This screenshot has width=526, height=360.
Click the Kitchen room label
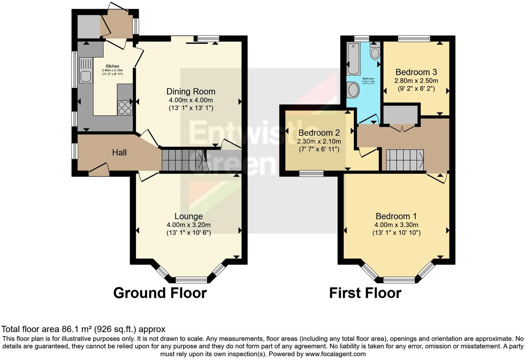tap(112, 66)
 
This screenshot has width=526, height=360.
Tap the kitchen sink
tap(86, 70)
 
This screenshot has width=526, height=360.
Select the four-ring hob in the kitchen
tap(125, 107)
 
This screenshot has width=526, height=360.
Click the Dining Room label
tap(191, 92)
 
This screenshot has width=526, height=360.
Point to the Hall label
tap(119, 153)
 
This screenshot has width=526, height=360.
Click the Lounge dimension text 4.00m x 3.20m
tap(188, 225)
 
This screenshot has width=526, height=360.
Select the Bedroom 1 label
tap(396, 216)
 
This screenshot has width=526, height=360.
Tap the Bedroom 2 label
tap(319, 133)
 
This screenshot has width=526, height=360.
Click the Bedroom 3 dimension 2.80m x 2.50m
tap(416, 81)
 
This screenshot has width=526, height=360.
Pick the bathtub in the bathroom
tap(354, 59)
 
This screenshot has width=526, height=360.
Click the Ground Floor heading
tap(160, 293)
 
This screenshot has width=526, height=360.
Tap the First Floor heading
tap(365, 293)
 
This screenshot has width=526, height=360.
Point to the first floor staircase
tap(405, 160)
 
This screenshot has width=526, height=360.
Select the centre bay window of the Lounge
tap(191, 280)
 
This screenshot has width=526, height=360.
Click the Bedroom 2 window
tap(311, 173)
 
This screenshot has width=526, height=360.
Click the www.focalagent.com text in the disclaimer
tap(335, 354)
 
